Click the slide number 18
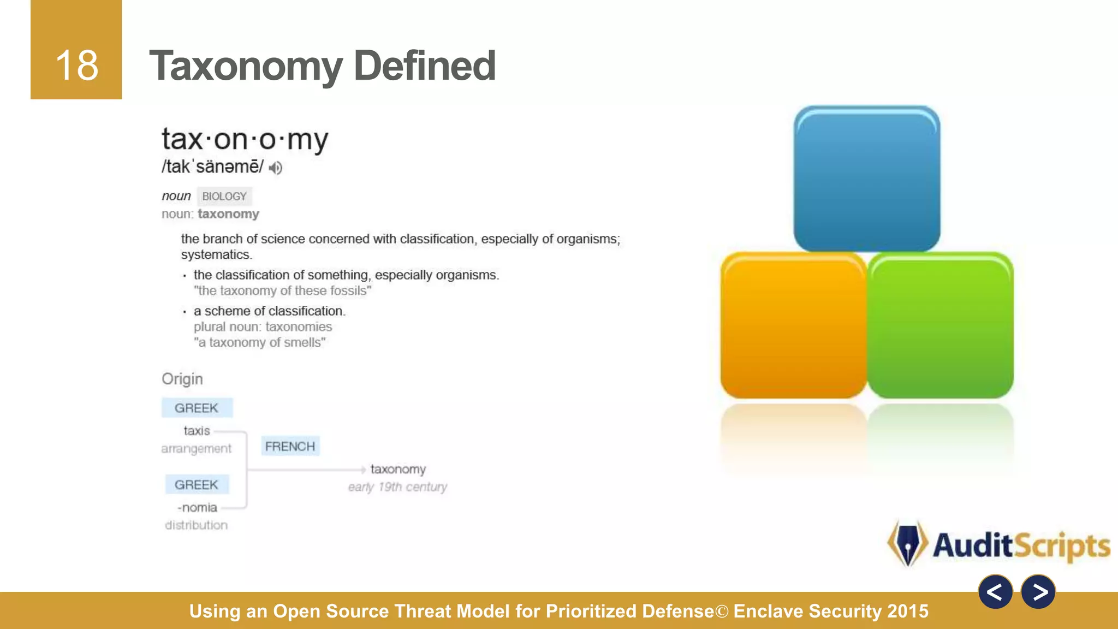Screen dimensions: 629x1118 tap(76, 66)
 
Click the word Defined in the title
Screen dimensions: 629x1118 tap(424, 66)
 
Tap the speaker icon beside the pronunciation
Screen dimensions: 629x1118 tap(276, 168)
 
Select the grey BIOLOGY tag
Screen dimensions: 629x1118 tap(224, 196)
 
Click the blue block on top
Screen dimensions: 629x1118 tap(866, 179)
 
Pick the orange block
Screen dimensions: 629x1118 tap(793, 325)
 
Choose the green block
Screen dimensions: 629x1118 tap(940, 325)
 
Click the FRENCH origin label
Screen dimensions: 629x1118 tap(290, 447)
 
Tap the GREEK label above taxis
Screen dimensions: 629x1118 tap(197, 408)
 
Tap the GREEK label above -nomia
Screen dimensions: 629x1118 tap(197, 484)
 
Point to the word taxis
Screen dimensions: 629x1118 tap(197, 431)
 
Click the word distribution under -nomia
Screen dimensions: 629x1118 tap(197, 525)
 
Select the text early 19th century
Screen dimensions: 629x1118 tap(397, 486)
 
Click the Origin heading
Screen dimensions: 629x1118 tap(182, 379)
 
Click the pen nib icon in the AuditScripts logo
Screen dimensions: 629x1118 tap(907, 543)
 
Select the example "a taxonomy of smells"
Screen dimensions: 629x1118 tap(259, 342)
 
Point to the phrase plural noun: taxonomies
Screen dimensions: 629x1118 tap(263, 327)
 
